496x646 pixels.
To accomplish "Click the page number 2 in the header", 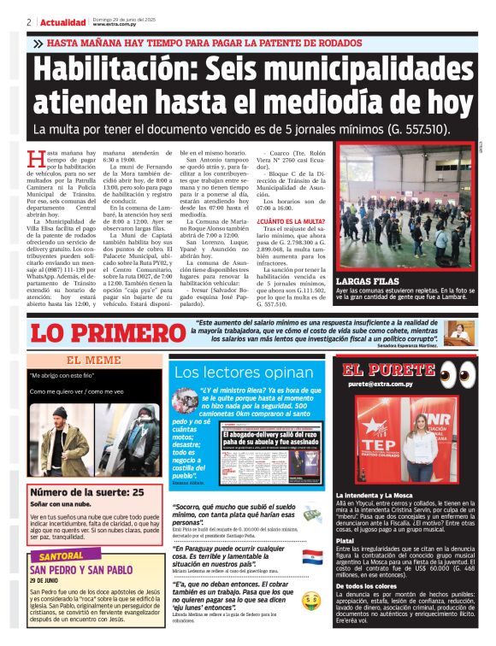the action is click(29, 21).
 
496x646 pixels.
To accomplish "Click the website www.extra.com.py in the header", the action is click(114, 25).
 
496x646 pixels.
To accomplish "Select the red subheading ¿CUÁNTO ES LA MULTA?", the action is click(291, 220).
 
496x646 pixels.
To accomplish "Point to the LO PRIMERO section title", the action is click(95, 333).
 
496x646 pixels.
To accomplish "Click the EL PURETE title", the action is click(390, 370).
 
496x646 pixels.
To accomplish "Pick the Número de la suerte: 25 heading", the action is click(87, 492).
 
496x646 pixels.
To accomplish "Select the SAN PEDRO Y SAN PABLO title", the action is click(81, 569).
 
